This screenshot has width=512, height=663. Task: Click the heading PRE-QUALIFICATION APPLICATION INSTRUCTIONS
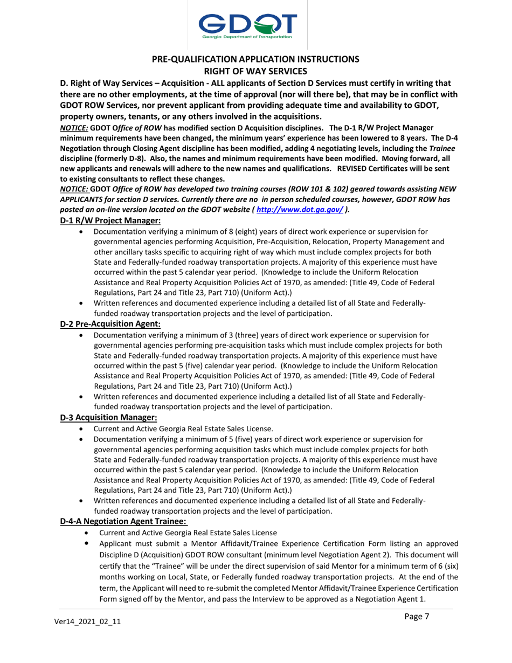[x=255, y=59]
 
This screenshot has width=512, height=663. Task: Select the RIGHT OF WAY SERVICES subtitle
[x=255, y=71]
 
